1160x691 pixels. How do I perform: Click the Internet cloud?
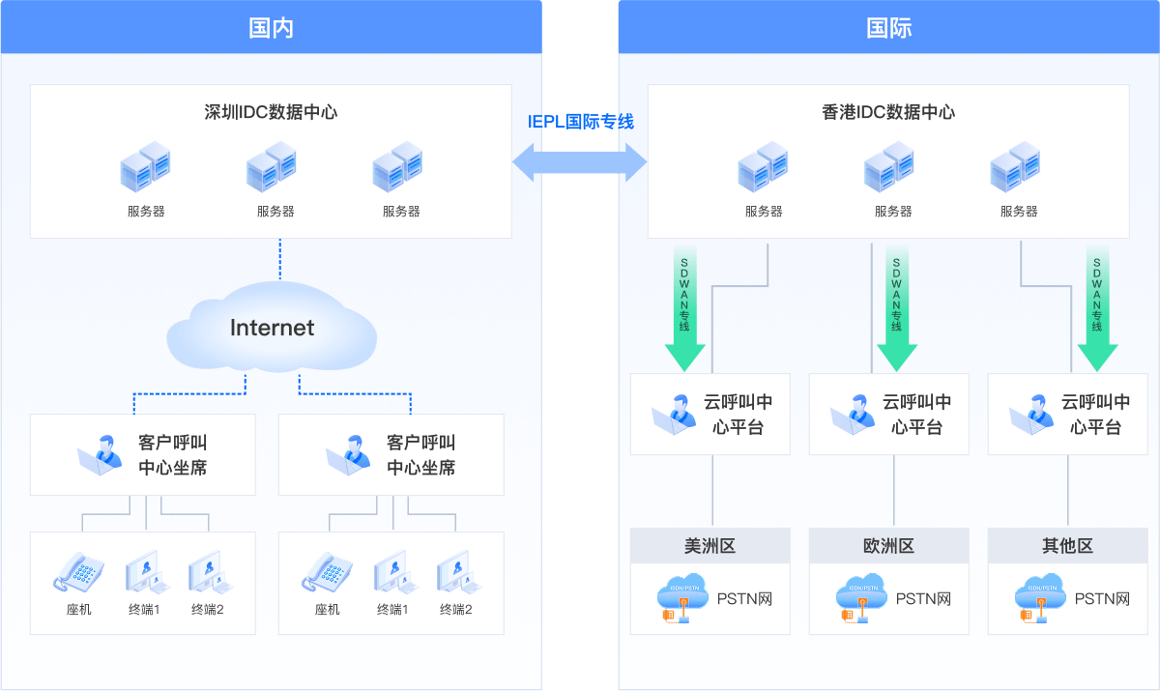(x=272, y=329)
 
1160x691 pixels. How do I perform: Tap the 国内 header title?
(x=271, y=27)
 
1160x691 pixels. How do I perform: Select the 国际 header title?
(x=888, y=27)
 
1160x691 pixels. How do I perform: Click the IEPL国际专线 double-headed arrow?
(x=580, y=160)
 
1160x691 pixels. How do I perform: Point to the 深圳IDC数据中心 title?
(x=271, y=112)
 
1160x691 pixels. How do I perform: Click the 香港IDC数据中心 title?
(x=888, y=112)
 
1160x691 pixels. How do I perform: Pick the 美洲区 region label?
(x=710, y=546)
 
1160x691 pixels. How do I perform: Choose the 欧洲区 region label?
(x=888, y=546)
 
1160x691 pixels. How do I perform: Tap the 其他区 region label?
(x=1067, y=546)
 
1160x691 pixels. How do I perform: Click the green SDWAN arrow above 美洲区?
(x=684, y=309)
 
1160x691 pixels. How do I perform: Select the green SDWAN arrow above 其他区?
(x=1096, y=309)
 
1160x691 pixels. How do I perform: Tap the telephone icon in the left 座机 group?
(x=78, y=572)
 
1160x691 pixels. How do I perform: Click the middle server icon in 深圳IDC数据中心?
(x=271, y=167)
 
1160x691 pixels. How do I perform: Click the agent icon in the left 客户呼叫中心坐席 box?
(x=101, y=455)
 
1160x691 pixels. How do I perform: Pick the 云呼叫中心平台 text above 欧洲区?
(x=916, y=415)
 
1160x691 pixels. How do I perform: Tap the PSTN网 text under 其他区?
(x=1102, y=599)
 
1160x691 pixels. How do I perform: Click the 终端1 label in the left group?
(x=144, y=610)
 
